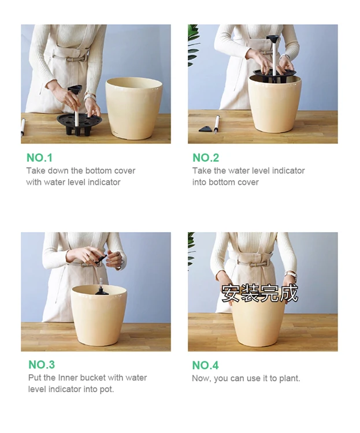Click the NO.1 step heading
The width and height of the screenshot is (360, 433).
(x=39, y=158)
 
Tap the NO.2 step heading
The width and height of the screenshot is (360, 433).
(x=206, y=158)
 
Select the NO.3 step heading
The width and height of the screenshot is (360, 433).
(x=42, y=364)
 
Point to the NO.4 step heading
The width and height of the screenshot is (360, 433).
(x=205, y=365)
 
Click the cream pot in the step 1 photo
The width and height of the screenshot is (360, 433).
(x=134, y=109)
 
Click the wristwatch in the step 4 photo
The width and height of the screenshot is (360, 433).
(x=291, y=274)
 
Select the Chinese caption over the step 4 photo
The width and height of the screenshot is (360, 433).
(x=259, y=293)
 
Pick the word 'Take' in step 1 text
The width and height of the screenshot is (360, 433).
(x=36, y=171)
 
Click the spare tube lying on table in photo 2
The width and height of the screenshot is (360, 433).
(x=217, y=124)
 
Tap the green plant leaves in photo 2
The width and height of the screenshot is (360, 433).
(x=192, y=45)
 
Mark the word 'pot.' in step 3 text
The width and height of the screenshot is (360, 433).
(x=107, y=389)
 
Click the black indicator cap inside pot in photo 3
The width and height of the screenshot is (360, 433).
(x=100, y=291)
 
